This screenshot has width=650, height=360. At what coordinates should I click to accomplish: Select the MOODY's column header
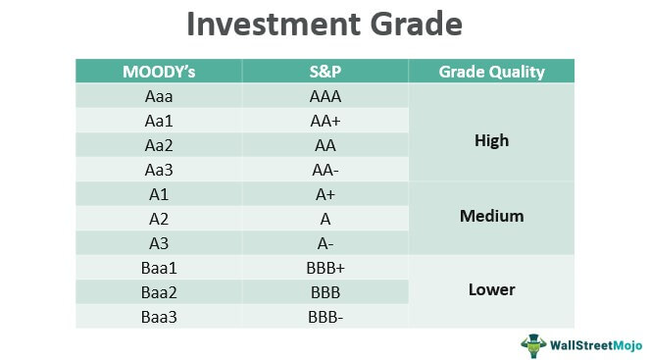[x=158, y=72]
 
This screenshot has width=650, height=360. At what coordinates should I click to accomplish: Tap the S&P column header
[x=325, y=72]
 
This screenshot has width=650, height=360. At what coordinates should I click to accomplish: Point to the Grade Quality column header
[x=491, y=72]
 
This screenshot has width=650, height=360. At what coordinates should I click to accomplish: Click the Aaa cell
[x=158, y=97]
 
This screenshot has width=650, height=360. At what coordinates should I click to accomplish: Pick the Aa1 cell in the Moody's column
[x=158, y=121]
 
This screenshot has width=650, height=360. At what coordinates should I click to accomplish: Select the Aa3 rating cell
[x=158, y=169]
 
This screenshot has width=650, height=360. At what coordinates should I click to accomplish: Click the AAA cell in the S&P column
[x=325, y=97]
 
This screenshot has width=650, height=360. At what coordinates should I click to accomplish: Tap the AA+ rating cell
[x=325, y=121]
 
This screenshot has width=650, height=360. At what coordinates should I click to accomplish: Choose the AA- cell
[x=325, y=169]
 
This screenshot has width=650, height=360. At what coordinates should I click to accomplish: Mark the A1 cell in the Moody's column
[x=158, y=193]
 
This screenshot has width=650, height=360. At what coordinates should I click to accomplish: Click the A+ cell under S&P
[x=325, y=193]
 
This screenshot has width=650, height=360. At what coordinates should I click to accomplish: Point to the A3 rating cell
[x=158, y=241]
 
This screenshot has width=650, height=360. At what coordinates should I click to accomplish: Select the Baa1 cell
[x=158, y=266]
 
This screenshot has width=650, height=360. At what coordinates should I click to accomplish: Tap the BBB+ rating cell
[x=325, y=266]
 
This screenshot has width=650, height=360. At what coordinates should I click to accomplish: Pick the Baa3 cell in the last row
[x=158, y=314]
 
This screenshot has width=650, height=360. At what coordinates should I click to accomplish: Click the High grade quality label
[x=491, y=140]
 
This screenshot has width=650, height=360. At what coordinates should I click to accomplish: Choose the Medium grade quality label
[x=491, y=216]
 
